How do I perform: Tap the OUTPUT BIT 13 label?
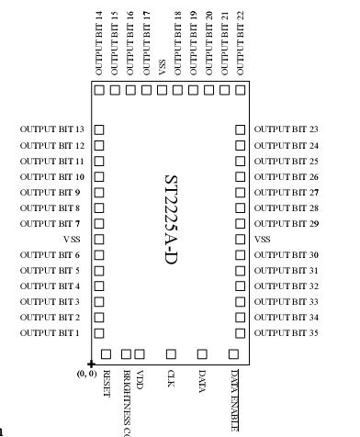[52, 130]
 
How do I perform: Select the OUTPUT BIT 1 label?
[52, 332]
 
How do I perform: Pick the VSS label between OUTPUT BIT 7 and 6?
[71, 239]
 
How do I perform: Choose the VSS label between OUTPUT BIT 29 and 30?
[263, 239]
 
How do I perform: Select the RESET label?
[107, 382]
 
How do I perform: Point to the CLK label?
[171, 378]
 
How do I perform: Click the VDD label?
[140, 379]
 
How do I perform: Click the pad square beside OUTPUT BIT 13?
[99, 130]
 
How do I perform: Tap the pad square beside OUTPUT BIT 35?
[241, 332]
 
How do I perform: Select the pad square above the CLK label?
[171, 353]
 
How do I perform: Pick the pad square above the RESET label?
[106, 353]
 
